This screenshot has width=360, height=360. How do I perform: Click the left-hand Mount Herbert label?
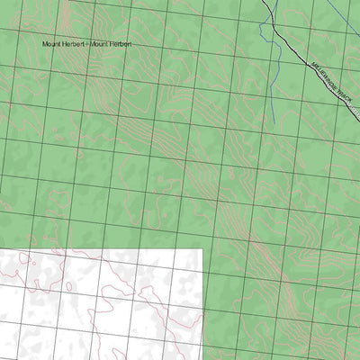pyautogui.click(x=60, y=43)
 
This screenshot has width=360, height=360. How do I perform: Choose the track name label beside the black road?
pyautogui.click(x=331, y=85)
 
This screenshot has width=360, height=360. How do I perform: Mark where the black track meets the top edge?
pyautogui.click(x=267, y=1)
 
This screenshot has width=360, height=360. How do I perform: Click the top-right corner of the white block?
pyautogui.click(x=202, y=248)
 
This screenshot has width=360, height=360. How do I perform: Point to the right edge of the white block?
pyautogui.click(x=202, y=306)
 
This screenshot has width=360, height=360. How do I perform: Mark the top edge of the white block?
pyautogui.click(x=99, y=249)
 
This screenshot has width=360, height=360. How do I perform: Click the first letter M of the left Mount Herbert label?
pyautogui.click(x=44, y=43)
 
